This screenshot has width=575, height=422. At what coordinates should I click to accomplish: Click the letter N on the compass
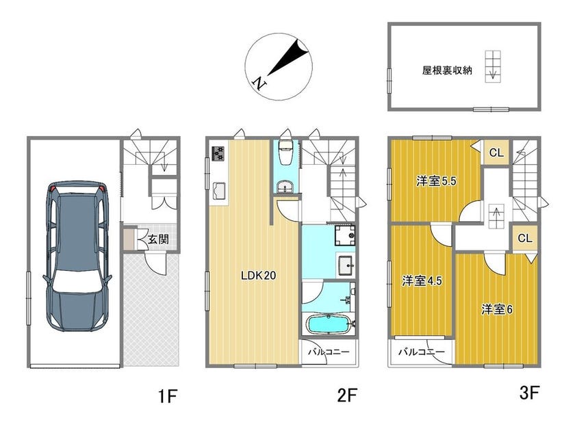260,83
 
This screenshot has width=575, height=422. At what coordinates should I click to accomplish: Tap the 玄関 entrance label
158,239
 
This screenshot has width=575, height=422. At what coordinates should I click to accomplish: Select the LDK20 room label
258,276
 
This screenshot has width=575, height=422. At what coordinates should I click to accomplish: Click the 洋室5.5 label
437,181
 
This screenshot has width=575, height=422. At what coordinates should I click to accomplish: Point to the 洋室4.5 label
422,281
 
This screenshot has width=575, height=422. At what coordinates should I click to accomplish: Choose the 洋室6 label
497,310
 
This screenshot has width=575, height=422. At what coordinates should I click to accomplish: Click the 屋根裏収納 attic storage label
447,70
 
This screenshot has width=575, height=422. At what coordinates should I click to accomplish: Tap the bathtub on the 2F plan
328,324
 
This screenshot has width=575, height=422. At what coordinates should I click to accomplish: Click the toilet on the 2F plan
285,152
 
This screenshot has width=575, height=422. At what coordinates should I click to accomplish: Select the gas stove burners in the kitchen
218,153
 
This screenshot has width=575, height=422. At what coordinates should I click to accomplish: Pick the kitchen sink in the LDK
219,192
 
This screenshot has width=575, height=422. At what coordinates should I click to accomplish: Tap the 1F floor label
168,396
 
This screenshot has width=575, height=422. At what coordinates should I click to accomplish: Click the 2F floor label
347,395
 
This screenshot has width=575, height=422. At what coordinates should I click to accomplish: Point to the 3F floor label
529,393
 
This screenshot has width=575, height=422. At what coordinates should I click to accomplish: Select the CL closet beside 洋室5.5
496,153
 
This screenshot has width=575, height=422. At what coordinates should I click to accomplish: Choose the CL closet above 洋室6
525,238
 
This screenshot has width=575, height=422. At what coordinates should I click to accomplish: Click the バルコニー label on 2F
329,352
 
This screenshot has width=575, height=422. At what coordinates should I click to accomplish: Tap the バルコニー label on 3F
422,352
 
